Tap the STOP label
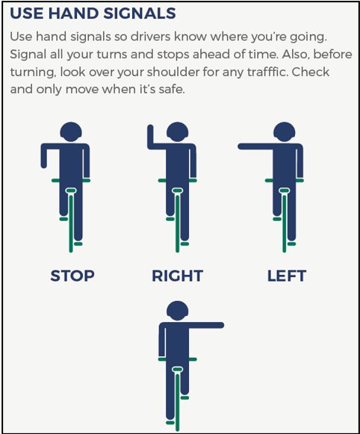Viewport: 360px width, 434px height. (72, 276)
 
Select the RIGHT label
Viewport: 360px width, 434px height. (177, 276)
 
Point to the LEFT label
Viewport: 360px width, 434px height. (287, 276)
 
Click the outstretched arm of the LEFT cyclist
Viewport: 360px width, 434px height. (254, 146)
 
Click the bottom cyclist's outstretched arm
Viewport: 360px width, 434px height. (205, 325)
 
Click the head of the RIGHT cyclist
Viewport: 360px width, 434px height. (178, 132)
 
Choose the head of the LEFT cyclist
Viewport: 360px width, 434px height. (285, 132)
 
